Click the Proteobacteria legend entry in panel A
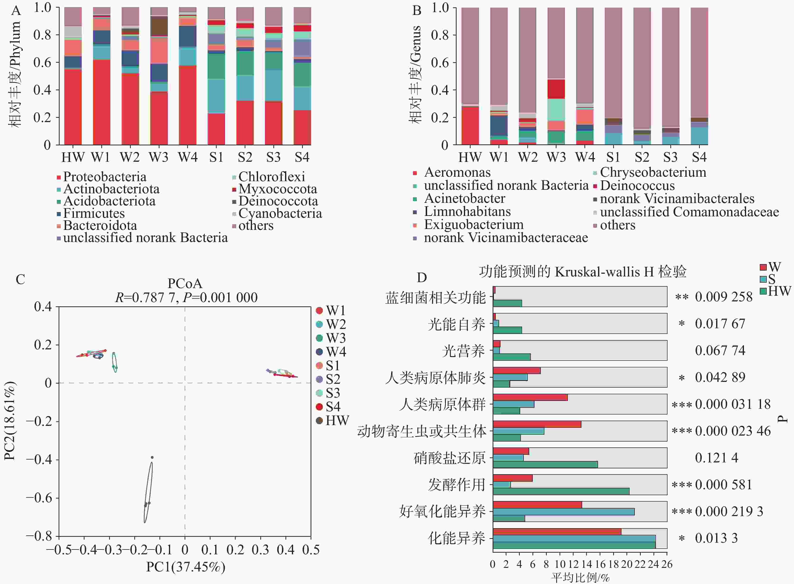coord(105,177)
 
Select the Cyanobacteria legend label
coord(280,214)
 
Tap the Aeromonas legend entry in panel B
coord(457,172)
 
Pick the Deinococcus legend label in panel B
coord(637,185)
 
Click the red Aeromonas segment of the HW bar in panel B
coord(470,125)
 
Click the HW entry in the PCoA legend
coord(337,421)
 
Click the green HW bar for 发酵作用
coord(561,491)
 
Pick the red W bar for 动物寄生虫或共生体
coord(537,424)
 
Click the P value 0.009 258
coord(723,297)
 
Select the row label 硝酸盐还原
coord(450,458)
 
